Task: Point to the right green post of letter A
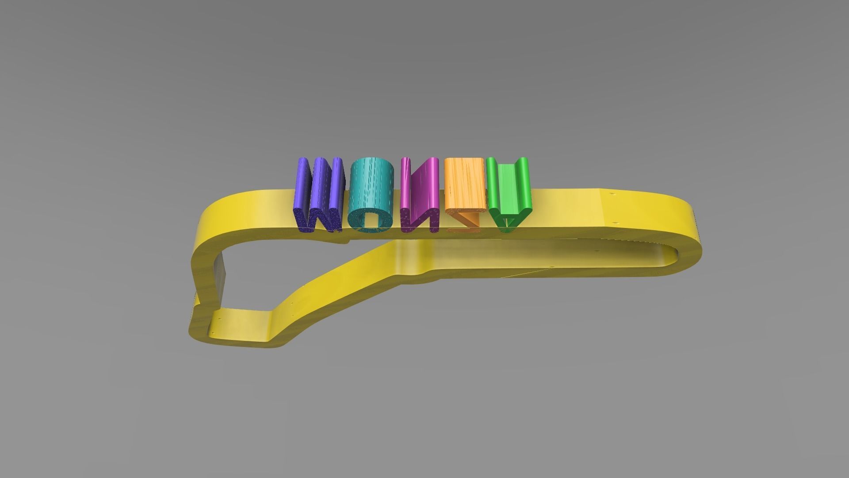click(x=523, y=181)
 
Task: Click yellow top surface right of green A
click(x=570, y=208)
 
